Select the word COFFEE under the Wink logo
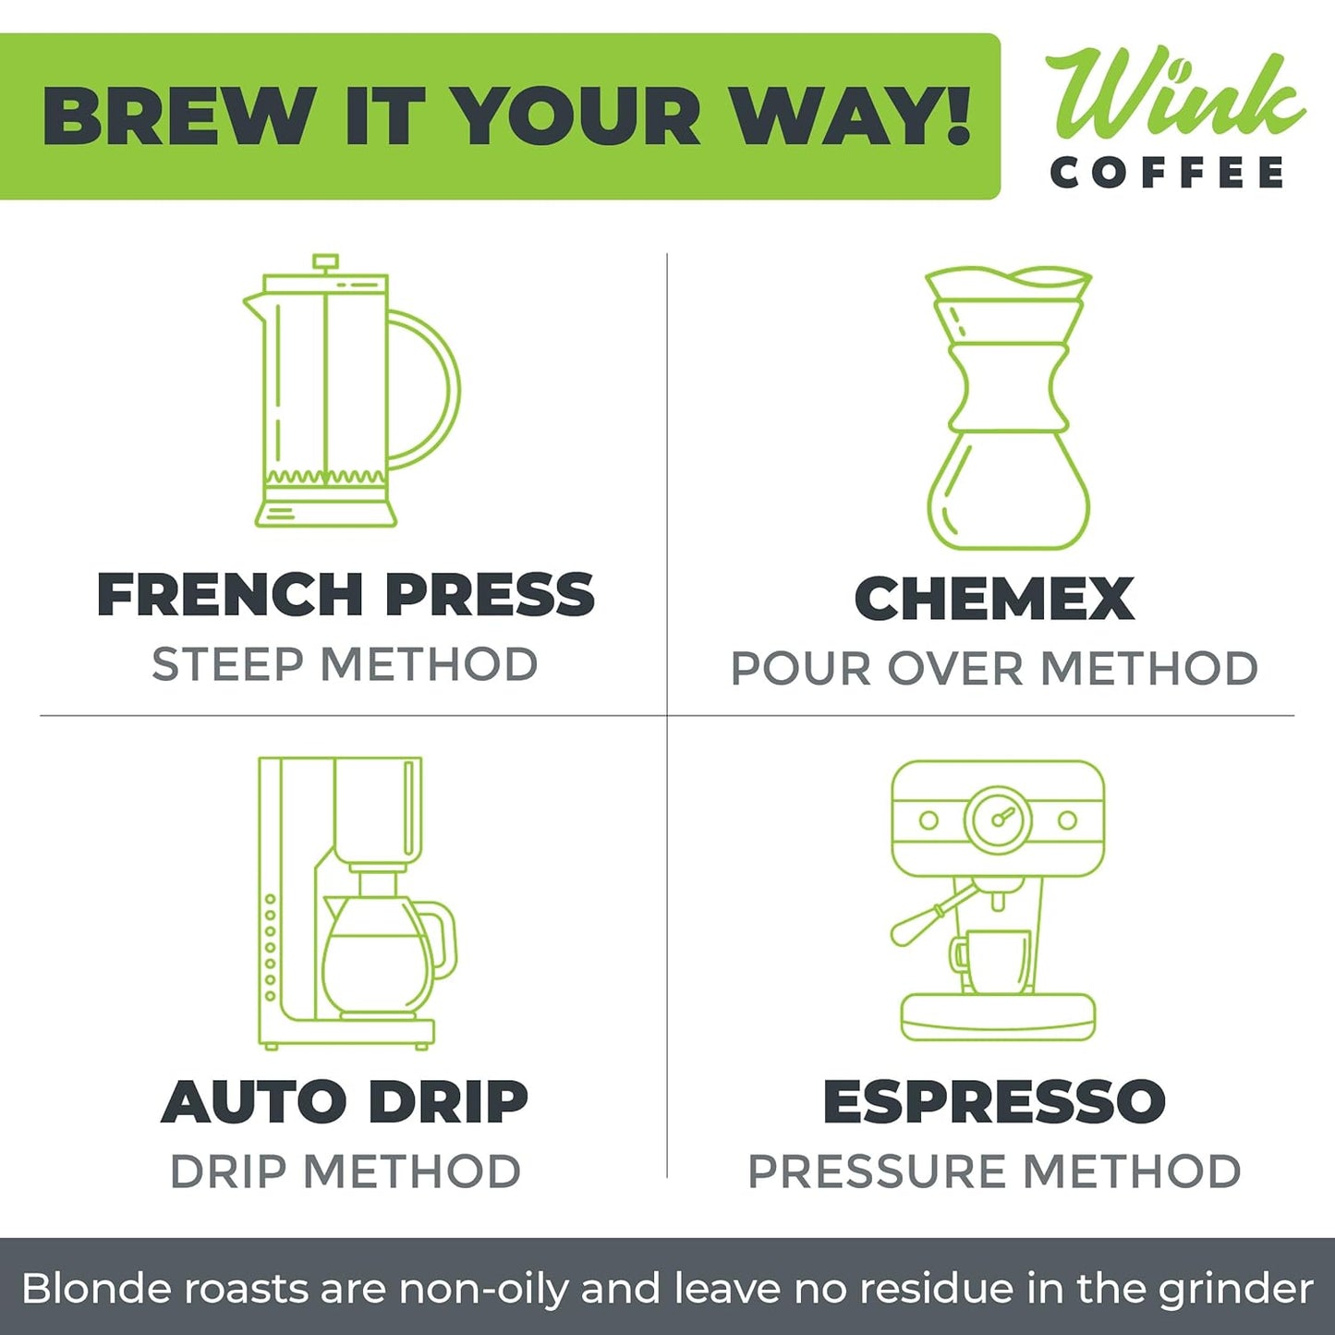click(x=1167, y=173)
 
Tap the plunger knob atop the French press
click(x=325, y=261)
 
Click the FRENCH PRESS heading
click(x=346, y=594)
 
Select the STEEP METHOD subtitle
click(x=345, y=665)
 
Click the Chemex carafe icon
click(x=1009, y=407)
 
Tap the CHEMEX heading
click(x=994, y=599)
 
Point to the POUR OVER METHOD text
click(x=994, y=669)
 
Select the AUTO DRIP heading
click(x=345, y=1102)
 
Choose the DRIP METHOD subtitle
click(x=345, y=1171)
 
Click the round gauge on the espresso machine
click(x=998, y=819)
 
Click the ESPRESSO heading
click(x=994, y=1101)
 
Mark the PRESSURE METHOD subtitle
click(x=994, y=1171)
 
